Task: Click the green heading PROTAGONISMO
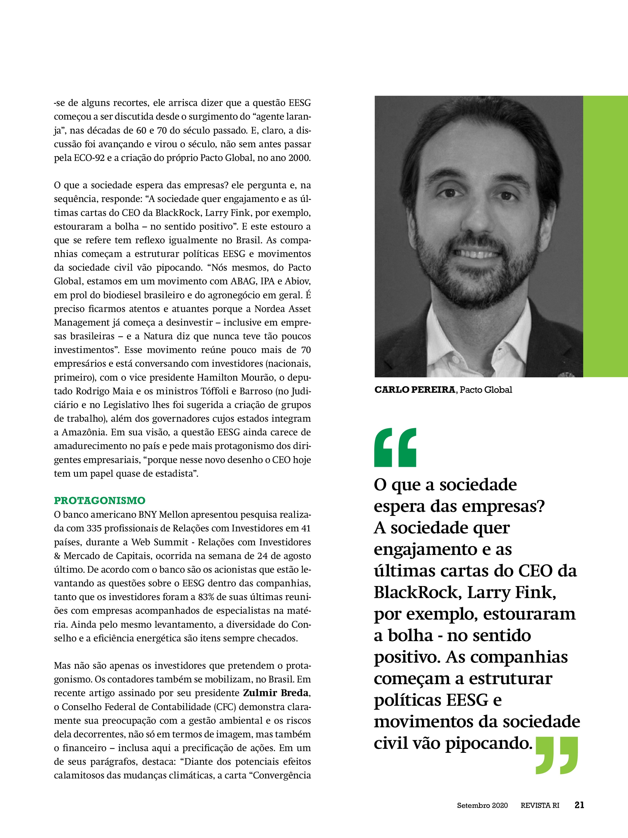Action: pos(100,500)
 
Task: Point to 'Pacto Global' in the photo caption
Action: pos(486,390)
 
